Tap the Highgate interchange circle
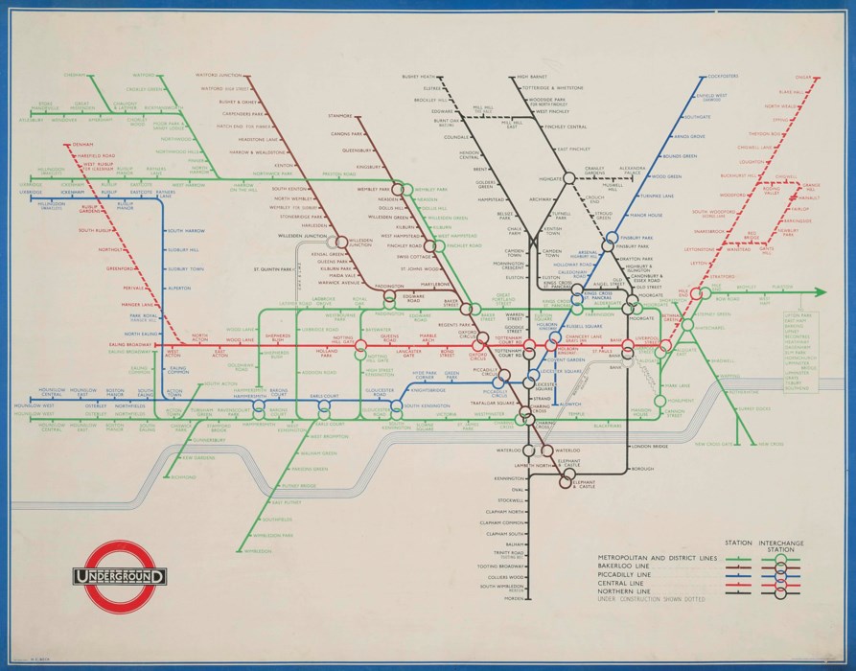(569, 177)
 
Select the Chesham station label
(76, 76)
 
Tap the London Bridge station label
(649, 447)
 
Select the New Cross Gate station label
(714, 444)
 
